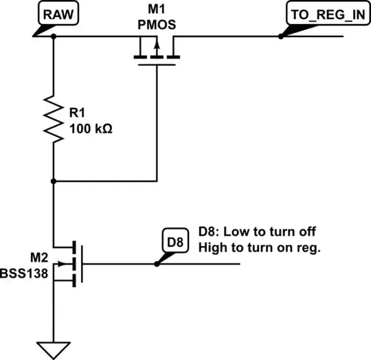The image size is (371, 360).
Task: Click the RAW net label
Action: coord(58,13)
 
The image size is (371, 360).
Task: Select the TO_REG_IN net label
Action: coord(323,13)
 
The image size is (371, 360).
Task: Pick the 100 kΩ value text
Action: coord(91,127)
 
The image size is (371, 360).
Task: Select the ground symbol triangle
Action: coord(53,346)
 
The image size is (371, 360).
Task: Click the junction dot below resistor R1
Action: coord(53,182)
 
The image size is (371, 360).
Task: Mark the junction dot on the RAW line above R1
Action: coord(53,37)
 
